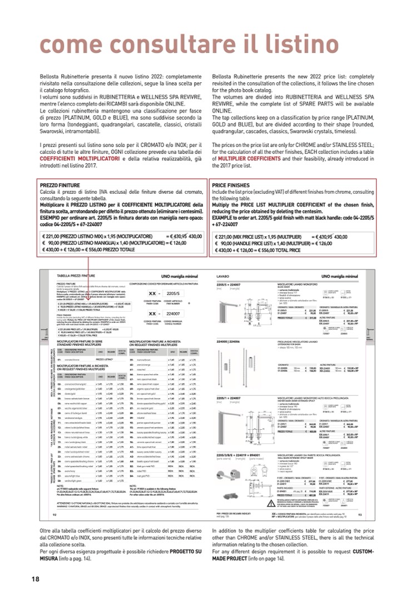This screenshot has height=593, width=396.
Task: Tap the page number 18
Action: click(35, 579)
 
